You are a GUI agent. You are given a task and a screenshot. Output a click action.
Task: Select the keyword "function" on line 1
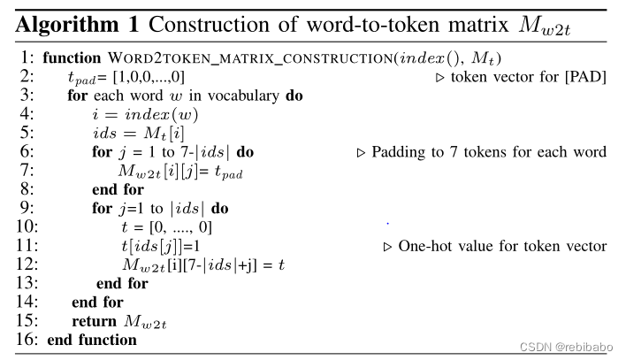pos(72,57)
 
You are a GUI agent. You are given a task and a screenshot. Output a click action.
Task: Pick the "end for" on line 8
pos(117,189)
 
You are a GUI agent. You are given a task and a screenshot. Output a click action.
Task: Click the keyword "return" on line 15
pos(94,321)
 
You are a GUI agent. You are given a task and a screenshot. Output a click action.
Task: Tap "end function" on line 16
pos(92,340)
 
